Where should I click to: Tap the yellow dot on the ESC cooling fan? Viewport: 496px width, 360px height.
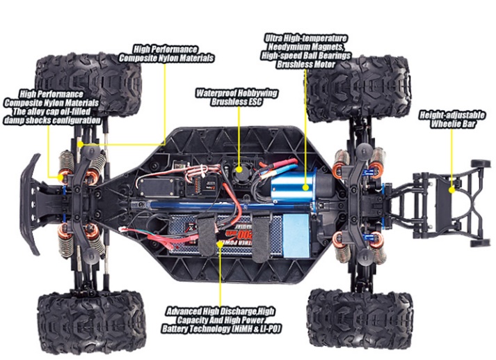coord(240,169)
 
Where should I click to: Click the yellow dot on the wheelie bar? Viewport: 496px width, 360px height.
coord(451,190)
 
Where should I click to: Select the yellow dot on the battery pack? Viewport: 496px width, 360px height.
coord(220,243)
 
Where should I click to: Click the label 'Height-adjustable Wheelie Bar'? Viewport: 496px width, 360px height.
coord(451,119)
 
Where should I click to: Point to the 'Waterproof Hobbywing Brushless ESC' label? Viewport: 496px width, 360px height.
coord(237,97)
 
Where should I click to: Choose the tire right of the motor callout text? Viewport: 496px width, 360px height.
coord(360,89)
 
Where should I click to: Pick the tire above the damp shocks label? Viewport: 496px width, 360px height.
coord(89,84)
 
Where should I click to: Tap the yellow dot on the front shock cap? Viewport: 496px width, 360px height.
coord(60,178)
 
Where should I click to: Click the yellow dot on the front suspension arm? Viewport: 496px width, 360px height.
coord(81,144)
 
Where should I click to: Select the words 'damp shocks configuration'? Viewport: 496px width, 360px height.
coord(52,120)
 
